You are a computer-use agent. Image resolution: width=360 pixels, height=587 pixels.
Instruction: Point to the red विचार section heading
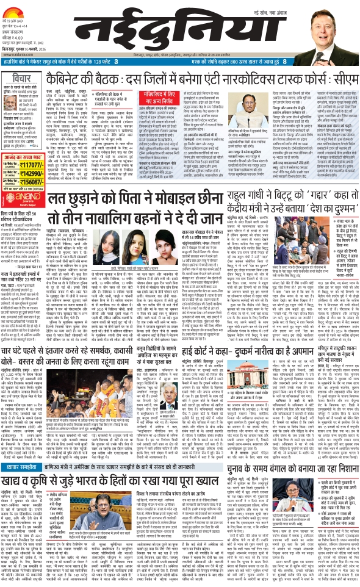pos(25,78)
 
